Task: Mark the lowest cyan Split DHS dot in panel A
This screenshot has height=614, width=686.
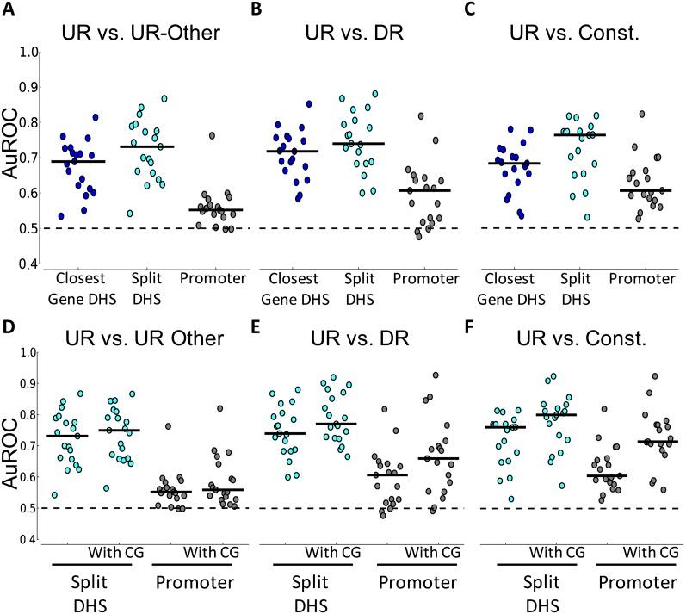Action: [130, 214]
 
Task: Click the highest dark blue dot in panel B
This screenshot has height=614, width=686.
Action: [308, 104]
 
